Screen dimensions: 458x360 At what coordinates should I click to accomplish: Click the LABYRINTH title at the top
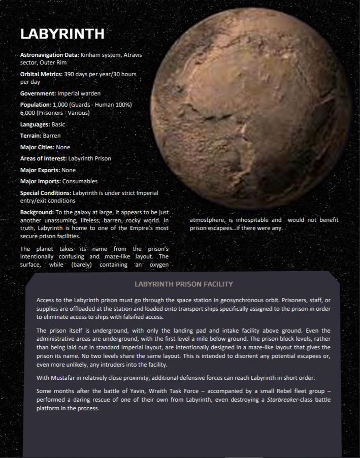pyautogui.click(x=62, y=34)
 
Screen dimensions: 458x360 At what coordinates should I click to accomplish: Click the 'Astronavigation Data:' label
pyautogui.click(x=49, y=54)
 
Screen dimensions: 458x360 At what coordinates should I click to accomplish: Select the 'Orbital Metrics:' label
pyautogui.click(x=41, y=74)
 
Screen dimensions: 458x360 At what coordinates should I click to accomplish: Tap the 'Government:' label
pyautogui.click(x=38, y=93)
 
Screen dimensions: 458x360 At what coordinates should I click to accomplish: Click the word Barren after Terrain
pyautogui.click(x=52, y=136)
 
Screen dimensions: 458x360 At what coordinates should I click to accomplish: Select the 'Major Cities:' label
pyautogui.click(x=38, y=147)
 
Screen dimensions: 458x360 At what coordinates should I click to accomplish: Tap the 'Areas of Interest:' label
pyautogui.click(x=43, y=158)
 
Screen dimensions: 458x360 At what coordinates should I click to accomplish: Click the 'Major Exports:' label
pyautogui.click(x=40, y=170)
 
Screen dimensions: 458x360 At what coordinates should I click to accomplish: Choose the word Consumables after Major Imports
pyautogui.click(x=80, y=181)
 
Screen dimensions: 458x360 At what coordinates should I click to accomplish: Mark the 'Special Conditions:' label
pyautogui.click(x=46, y=193)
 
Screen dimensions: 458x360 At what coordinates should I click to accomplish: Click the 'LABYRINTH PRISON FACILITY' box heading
pyautogui.click(x=183, y=284)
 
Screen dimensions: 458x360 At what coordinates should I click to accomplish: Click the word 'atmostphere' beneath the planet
pyautogui.click(x=207, y=220)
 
